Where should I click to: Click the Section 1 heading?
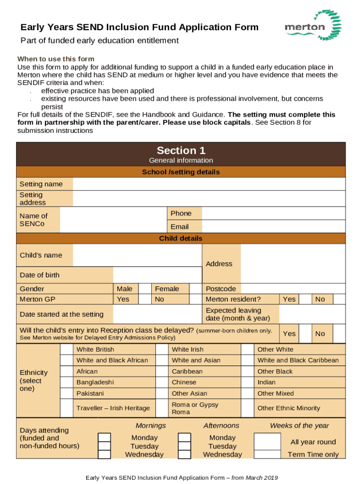point(181,151)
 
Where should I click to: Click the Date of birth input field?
point(157,275)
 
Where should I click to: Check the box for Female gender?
point(196,289)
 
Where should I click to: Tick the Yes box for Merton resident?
point(305,299)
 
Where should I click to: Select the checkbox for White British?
point(67,350)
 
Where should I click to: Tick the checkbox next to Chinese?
point(162,382)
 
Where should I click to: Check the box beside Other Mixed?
point(248,393)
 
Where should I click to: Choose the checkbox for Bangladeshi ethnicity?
point(67,382)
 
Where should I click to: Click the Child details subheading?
point(181,239)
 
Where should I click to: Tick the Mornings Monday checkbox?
point(104,438)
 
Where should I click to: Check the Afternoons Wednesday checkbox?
point(184,454)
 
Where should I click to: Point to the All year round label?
point(313,442)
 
